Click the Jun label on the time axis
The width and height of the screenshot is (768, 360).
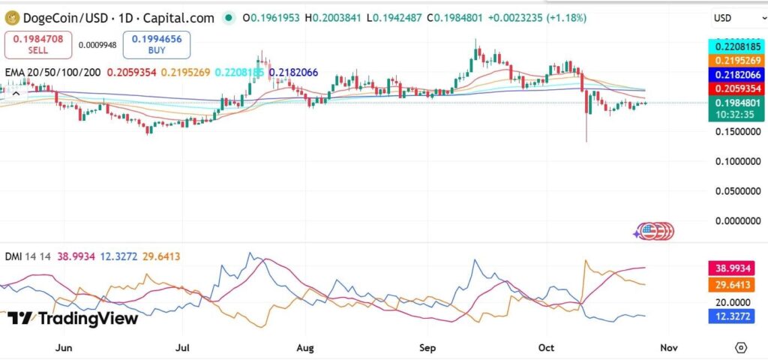coord(64,348)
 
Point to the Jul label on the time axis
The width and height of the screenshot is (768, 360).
coord(182,348)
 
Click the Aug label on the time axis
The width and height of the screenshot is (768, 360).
coord(305,348)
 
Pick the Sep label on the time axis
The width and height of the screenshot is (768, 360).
coord(427,348)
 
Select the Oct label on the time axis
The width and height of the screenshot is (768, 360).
coord(546,348)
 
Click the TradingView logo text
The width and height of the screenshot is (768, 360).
coord(73,319)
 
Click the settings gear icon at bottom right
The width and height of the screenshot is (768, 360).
coord(741,347)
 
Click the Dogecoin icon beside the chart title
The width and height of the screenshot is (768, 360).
coord(12,17)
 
